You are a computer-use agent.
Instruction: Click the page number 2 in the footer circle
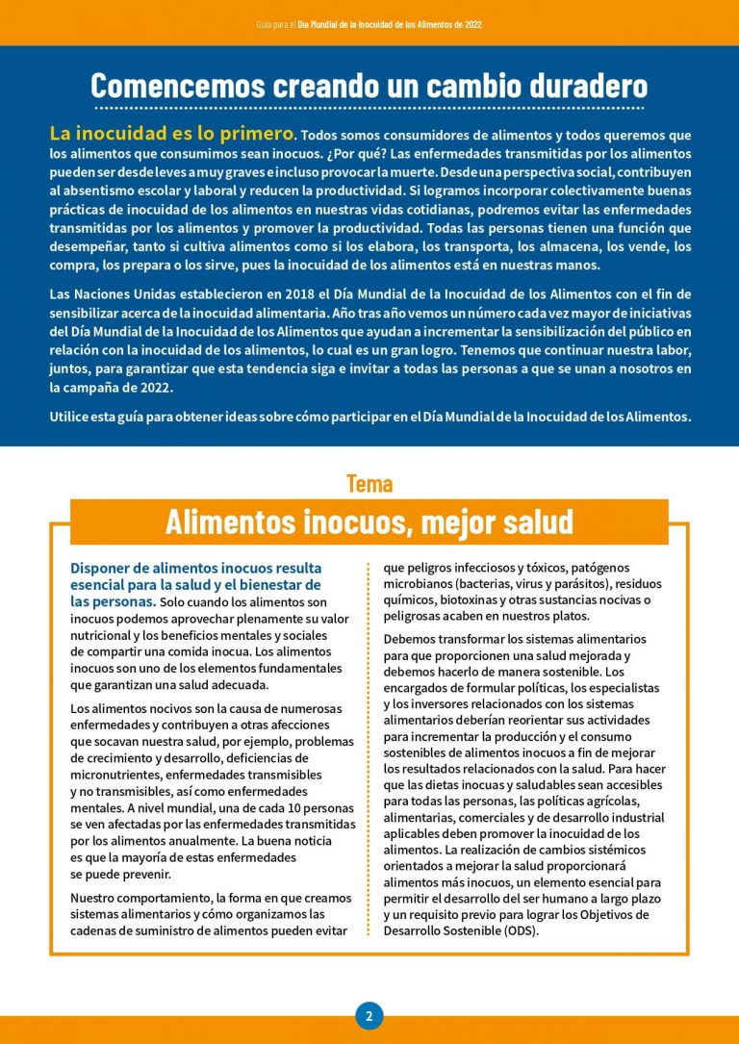(x=369, y=1015)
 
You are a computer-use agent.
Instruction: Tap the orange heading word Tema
(x=369, y=483)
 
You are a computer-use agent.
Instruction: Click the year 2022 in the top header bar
(x=472, y=23)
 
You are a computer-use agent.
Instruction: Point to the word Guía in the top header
(x=266, y=23)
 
